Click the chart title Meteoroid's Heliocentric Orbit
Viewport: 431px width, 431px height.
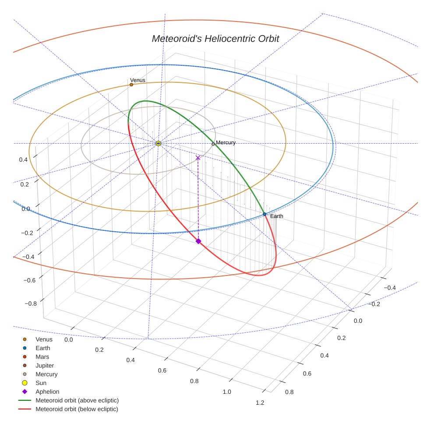215,39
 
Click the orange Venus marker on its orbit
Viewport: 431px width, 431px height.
131,85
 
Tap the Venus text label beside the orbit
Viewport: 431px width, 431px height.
138,80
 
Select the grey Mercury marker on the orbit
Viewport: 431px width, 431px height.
213,144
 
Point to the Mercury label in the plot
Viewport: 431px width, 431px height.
226,142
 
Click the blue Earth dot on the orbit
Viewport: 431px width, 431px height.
265,214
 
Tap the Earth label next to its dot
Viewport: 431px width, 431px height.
276,216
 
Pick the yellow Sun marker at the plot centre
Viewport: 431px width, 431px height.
159,143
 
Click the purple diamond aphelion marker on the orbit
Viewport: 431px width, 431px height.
198,241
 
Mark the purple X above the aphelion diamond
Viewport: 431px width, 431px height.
198,157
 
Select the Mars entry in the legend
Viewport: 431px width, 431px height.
42,357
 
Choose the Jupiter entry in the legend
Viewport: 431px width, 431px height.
45,366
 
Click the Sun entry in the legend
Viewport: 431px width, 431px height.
41,383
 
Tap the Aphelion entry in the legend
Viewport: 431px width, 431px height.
47,392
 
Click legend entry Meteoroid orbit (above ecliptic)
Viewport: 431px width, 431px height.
77,400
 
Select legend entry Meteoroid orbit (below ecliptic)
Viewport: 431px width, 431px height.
77,409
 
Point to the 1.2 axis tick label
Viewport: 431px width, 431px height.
260,403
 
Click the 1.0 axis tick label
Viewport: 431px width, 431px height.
227,392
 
